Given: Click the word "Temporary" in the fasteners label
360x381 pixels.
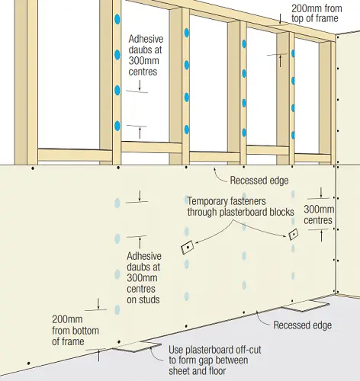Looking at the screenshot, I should [x=210, y=201].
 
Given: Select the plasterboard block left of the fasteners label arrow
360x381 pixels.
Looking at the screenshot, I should [x=186, y=248].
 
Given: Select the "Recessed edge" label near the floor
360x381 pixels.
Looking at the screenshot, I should [x=303, y=325].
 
